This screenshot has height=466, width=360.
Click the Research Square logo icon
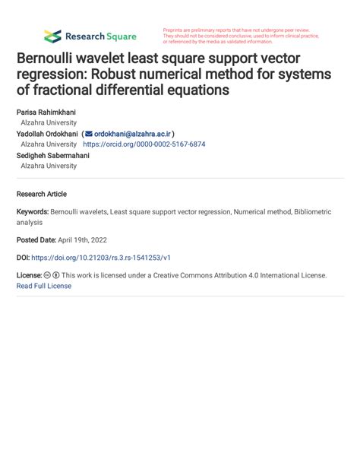(x=52, y=36)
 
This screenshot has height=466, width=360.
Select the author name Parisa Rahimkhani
(x=46, y=112)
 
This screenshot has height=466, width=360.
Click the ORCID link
(x=144, y=144)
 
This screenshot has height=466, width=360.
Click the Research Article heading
(x=42, y=194)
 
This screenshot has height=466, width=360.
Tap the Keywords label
(x=33, y=212)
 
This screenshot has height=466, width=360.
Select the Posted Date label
(x=38, y=239)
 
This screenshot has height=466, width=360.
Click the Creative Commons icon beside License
(x=46, y=275)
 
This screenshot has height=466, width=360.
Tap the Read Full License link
(x=44, y=286)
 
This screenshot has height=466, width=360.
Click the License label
(x=29, y=275)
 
